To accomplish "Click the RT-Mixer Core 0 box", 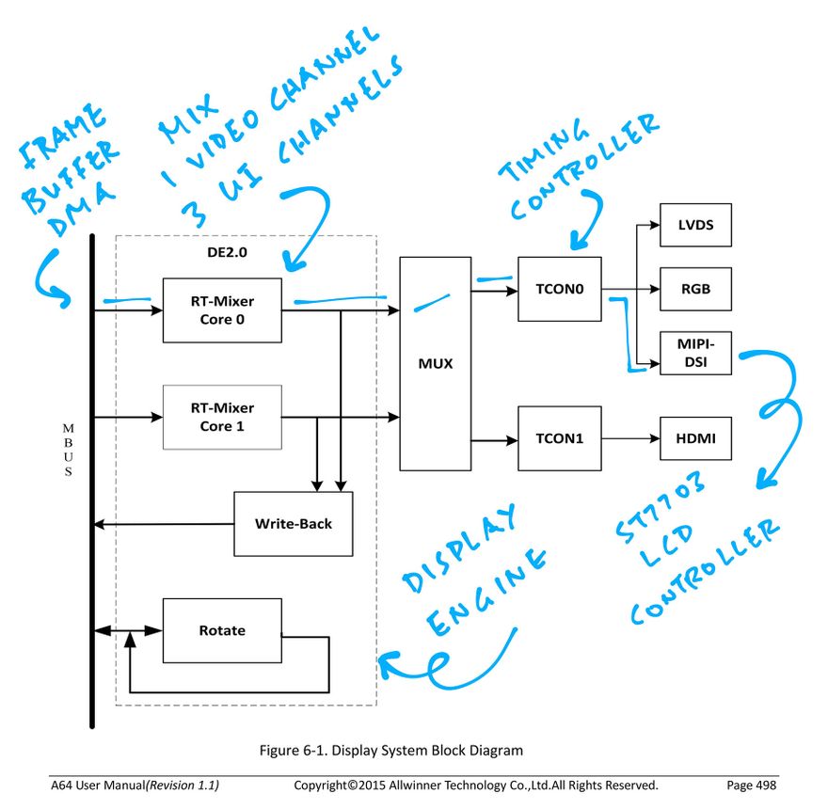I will (x=222, y=309).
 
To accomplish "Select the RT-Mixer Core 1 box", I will (x=222, y=417).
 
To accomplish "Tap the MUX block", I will (x=434, y=363).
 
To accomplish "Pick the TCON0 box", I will (x=559, y=290).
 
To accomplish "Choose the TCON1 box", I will (x=559, y=438).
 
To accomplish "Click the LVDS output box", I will (x=695, y=226).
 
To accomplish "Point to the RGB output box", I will (x=695, y=290).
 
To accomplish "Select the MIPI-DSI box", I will (x=695, y=353).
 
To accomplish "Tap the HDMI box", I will (x=695, y=438).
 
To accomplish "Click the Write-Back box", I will (x=293, y=523).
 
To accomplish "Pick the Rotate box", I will (x=222, y=630).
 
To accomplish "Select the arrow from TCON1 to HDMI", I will (x=630, y=438).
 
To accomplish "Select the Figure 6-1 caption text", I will (x=390, y=751).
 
